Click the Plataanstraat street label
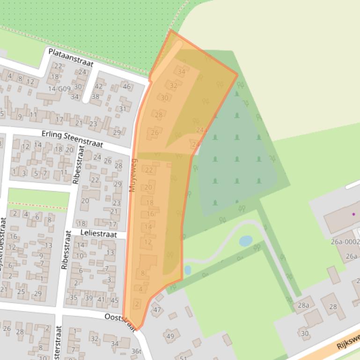71,57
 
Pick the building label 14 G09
59,88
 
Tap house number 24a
201,130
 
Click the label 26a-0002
345,242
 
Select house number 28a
303,305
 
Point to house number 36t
136,351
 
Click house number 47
157,310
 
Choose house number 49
170,336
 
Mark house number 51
186,355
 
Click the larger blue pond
246,241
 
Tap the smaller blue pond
187,270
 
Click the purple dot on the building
353,214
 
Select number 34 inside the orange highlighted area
181,72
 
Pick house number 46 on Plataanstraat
127,86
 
